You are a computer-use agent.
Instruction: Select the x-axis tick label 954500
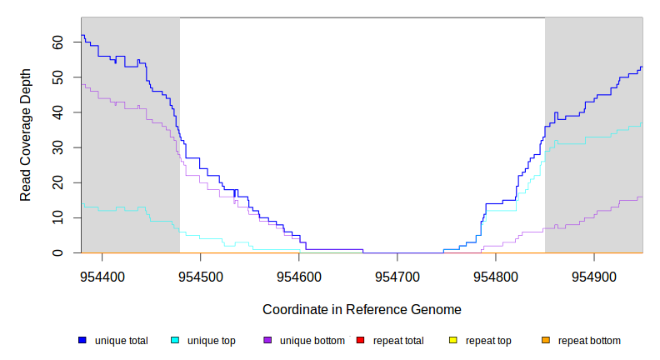pos(200,276)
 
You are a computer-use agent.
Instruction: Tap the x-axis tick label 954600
pos(298,276)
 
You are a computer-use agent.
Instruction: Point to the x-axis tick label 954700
pos(397,276)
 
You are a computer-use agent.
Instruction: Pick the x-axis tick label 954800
pos(495,276)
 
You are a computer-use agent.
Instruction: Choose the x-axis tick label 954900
pos(593,276)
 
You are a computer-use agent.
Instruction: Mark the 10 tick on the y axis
pos(56,217)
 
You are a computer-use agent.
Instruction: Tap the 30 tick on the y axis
pos(56,147)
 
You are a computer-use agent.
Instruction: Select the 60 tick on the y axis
pos(56,42)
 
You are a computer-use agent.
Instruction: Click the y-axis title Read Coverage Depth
pos(26,135)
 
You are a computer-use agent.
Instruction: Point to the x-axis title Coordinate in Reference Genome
pos(362,309)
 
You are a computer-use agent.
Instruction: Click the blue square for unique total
pos(82,340)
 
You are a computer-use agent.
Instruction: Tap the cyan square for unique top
pos(175,340)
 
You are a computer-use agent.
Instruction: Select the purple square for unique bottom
pos(267,340)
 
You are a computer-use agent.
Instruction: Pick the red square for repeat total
pos(360,340)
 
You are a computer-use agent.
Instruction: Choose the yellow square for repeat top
pos(453,340)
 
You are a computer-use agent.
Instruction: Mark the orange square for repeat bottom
pos(546,340)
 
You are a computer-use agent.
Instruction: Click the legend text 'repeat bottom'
pos(589,340)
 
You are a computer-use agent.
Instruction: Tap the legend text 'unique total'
pos(122,340)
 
